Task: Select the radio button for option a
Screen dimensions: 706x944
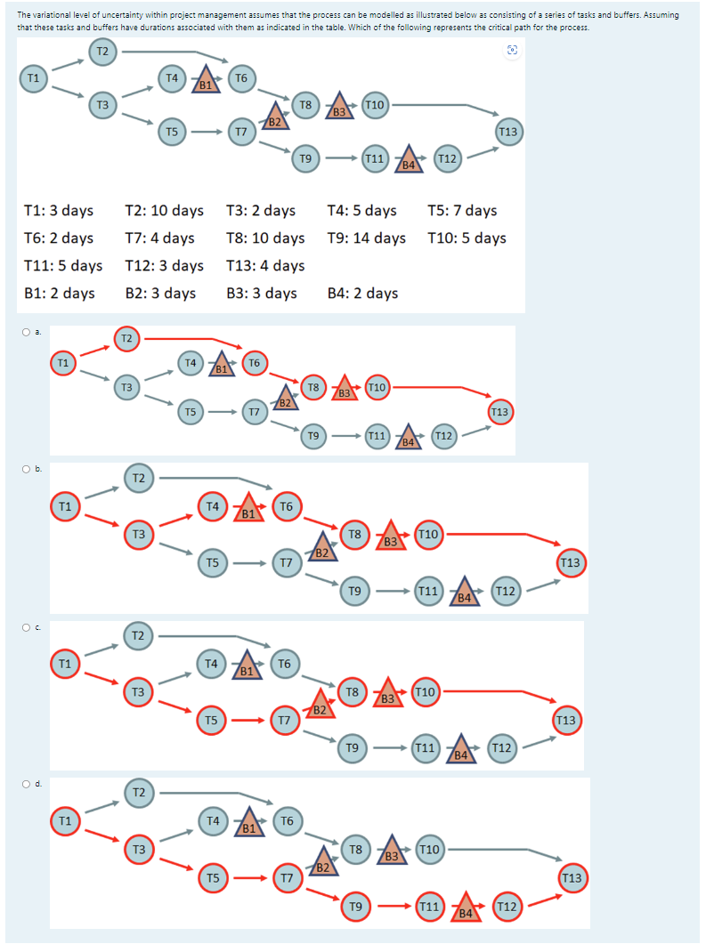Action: [27, 332]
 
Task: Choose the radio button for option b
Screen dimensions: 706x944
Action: [27, 467]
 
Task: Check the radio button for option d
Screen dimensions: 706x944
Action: [27, 784]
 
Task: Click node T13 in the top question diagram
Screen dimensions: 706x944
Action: [507, 132]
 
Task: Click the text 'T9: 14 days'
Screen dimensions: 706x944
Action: [367, 238]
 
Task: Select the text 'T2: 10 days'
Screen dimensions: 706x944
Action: [164, 210]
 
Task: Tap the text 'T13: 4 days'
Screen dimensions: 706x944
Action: [265, 265]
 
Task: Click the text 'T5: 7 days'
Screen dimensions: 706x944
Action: [462, 210]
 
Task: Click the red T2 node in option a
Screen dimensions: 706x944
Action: [126, 338]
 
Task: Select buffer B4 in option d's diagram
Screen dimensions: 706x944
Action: [466, 909]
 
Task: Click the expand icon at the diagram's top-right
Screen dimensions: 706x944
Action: [512, 51]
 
